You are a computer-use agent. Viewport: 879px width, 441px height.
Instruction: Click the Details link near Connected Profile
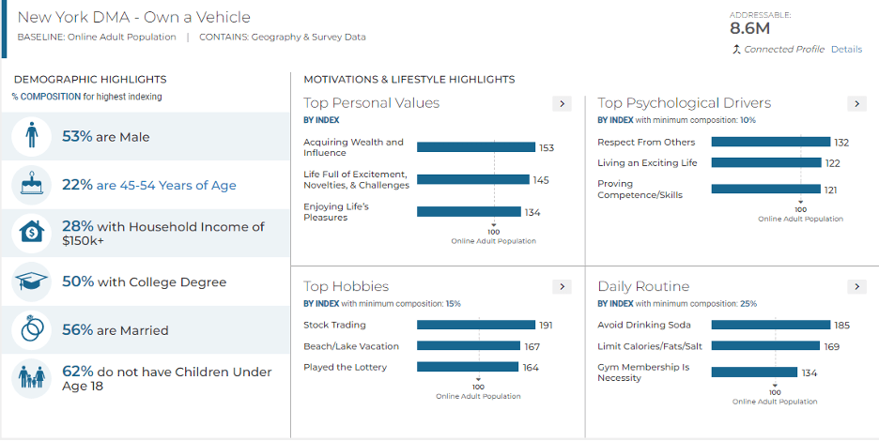[x=846, y=50]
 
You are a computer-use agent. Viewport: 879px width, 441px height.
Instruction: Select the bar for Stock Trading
[x=476, y=326]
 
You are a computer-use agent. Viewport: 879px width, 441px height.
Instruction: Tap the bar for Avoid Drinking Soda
[x=771, y=326]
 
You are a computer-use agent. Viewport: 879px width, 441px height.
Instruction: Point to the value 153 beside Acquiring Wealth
[x=547, y=148]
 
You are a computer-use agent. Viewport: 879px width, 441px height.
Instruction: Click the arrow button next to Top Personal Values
[x=562, y=104]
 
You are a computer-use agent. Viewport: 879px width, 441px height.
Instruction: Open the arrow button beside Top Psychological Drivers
[x=856, y=104]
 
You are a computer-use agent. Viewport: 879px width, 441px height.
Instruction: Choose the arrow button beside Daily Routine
[x=856, y=287]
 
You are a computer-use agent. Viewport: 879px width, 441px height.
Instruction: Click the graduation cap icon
[x=31, y=281]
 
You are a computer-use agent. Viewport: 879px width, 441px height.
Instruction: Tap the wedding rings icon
[x=31, y=330]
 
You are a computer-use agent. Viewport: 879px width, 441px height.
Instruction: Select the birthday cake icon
[x=31, y=185]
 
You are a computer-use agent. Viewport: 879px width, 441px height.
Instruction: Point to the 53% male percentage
[x=77, y=137]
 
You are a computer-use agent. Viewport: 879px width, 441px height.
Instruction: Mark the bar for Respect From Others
[x=771, y=143]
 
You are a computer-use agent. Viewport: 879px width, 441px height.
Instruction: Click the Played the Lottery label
[x=345, y=367]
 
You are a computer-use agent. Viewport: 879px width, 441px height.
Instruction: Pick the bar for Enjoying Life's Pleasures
[x=469, y=212]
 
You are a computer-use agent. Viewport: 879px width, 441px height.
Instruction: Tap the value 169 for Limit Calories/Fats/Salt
[x=832, y=346]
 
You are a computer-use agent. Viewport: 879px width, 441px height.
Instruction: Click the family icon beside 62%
[x=31, y=378]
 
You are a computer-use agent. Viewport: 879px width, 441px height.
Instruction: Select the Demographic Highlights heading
[x=90, y=80]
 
